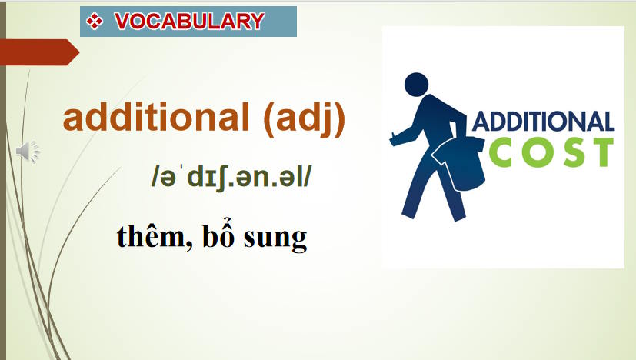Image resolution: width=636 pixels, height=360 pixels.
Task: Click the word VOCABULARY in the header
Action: (x=189, y=21)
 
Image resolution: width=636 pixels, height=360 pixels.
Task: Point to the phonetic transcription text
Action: (x=232, y=176)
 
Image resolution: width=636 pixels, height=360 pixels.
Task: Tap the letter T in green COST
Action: (x=601, y=151)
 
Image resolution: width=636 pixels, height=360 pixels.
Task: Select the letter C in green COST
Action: (x=500, y=151)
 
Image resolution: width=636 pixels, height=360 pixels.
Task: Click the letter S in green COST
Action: (x=568, y=151)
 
